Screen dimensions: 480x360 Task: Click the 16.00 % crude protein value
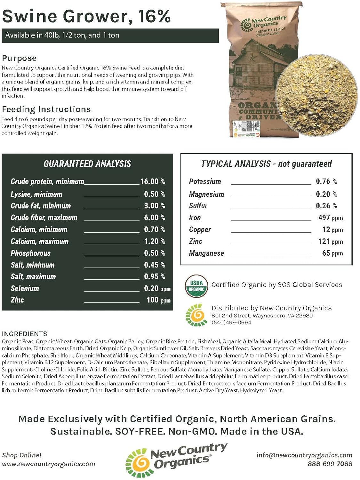click(153, 181)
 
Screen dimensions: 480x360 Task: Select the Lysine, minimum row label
click(36, 194)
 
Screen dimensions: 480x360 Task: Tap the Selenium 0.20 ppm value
click(157, 288)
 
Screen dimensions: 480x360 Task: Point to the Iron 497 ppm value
click(330, 218)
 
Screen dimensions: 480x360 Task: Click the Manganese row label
click(206, 253)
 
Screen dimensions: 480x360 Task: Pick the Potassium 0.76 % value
click(326, 181)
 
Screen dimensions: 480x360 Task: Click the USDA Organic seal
click(196, 286)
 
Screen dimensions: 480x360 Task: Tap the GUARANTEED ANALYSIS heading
click(87, 164)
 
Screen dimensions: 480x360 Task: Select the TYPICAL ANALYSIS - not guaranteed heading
click(266, 164)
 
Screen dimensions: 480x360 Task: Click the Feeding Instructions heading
click(46, 109)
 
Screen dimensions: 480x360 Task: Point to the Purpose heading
click(19, 58)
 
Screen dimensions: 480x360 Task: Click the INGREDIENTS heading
click(24, 334)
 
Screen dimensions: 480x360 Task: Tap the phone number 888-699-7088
click(330, 464)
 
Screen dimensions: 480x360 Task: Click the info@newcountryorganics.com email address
click(304, 455)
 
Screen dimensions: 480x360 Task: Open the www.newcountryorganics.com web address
click(48, 464)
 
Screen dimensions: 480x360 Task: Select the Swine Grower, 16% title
click(86, 16)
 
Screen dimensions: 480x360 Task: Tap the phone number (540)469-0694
click(231, 323)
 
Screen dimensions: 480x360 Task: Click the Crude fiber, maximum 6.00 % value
click(154, 218)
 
